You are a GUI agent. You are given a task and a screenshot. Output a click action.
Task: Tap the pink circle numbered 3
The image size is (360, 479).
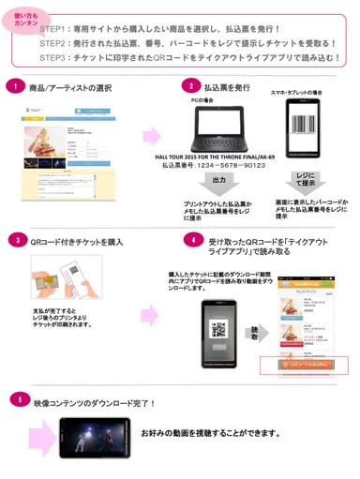[x=17, y=240]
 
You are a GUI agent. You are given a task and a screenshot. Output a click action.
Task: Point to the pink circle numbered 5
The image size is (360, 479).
[x=17, y=400]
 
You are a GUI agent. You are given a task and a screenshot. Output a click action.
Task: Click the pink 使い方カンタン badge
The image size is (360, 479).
[x=25, y=19]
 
